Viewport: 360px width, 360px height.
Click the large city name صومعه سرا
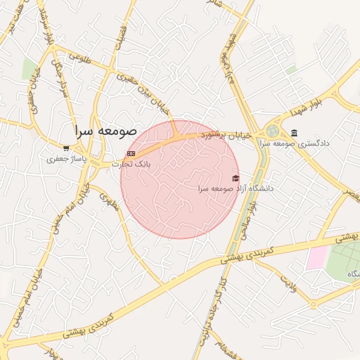click(x=108, y=131)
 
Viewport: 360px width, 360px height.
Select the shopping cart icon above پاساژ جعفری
click(x=66, y=148)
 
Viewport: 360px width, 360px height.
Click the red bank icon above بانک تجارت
click(x=130, y=153)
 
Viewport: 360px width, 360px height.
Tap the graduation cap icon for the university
click(x=236, y=178)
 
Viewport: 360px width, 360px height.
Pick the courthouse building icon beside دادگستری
click(x=293, y=133)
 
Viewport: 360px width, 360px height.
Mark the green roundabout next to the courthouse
click(x=272, y=131)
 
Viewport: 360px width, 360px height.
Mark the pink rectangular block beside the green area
click(x=316, y=257)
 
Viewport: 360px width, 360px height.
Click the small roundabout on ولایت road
click(x=314, y=304)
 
